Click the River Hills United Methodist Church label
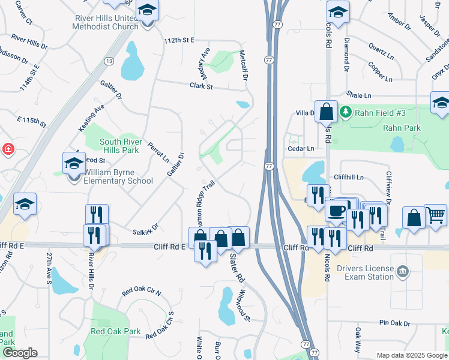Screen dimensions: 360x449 [107, 22]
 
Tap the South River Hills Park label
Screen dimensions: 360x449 [113, 146]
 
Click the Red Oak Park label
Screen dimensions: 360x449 [115, 331]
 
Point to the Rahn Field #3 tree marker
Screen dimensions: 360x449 [346, 112]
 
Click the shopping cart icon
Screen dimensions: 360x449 [436, 215]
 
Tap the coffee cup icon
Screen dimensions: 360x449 [336, 211]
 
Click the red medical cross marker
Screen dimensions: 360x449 [7, 149]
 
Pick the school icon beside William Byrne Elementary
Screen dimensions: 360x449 [74, 163]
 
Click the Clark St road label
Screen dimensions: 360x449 [201, 86]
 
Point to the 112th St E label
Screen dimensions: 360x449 [179, 40]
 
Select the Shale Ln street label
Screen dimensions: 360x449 [359, 95]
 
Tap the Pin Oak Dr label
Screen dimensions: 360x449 [394, 323]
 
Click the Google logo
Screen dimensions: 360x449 [19, 353]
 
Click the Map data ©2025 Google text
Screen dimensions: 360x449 [411, 355]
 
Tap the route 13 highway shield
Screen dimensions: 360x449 [109, 61]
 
